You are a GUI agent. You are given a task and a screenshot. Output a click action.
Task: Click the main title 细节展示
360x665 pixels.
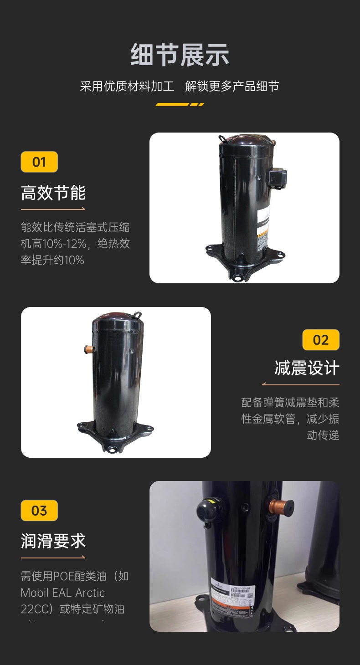180,55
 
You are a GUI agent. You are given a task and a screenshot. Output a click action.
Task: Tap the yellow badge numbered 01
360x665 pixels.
39,162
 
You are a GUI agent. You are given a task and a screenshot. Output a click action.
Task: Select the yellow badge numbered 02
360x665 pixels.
321,340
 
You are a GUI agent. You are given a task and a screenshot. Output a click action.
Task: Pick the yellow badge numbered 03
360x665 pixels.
39,510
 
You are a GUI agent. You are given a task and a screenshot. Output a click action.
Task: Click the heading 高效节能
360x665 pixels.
53,193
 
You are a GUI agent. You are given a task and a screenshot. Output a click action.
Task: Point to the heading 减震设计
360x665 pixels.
307,368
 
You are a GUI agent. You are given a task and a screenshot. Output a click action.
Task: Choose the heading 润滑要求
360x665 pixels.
53,541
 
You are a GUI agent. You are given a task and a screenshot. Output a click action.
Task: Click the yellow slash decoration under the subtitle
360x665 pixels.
180,104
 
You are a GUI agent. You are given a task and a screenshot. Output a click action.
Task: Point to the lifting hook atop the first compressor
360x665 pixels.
223,138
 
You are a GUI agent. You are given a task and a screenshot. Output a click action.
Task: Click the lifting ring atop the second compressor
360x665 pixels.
137,314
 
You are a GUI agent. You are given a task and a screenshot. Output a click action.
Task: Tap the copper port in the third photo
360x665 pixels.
282,506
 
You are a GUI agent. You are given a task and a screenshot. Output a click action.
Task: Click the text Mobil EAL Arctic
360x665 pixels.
62,593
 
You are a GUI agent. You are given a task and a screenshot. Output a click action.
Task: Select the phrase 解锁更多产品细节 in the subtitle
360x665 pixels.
232,86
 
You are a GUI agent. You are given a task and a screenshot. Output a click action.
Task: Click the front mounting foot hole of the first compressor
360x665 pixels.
237,276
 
